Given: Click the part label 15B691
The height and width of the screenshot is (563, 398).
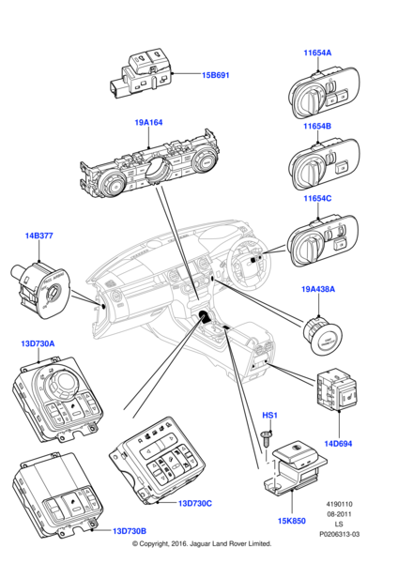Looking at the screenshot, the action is click(x=215, y=75).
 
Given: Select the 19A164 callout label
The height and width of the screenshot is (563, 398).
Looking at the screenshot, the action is click(x=148, y=122).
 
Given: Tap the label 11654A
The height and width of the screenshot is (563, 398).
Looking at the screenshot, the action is click(x=317, y=53).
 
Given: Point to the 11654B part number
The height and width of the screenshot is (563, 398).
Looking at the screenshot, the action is click(x=317, y=126).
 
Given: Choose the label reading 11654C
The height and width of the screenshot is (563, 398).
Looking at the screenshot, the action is click(x=317, y=198).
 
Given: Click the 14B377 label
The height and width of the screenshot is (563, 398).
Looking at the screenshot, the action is click(x=38, y=236).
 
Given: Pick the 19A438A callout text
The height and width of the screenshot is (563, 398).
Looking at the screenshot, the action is click(x=318, y=289).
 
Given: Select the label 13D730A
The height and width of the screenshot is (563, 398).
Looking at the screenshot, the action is click(x=38, y=343).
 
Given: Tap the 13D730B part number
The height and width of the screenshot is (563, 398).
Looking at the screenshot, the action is click(x=130, y=531).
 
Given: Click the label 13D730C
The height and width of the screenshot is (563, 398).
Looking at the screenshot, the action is click(x=195, y=503).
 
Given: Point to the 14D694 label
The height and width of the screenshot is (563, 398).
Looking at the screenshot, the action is click(x=338, y=444).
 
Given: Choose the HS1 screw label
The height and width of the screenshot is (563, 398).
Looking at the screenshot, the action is click(x=269, y=416).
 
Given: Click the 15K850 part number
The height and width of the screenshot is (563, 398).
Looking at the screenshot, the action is click(x=292, y=521).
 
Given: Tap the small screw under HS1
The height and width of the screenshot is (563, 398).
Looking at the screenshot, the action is click(x=265, y=439).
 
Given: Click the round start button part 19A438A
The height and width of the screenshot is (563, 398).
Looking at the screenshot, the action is click(x=322, y=337).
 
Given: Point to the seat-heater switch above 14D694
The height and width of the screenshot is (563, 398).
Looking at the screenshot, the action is click(x=337, y=391).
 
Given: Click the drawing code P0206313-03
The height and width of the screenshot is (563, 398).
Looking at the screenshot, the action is click(x=340, y=534).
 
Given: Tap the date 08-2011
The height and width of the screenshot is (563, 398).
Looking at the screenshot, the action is click(x=339, y=514).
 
